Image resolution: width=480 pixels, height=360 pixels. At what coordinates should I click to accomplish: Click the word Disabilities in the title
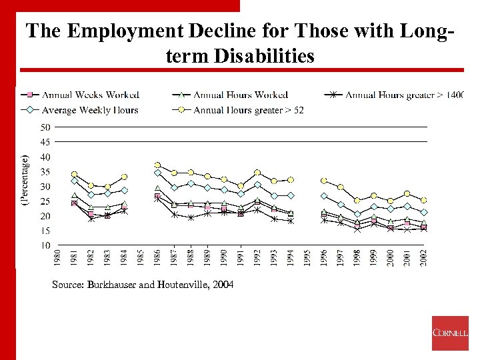264,56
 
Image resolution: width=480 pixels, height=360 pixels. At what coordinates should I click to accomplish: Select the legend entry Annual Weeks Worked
91,95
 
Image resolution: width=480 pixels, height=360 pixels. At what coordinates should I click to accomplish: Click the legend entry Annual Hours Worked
240,95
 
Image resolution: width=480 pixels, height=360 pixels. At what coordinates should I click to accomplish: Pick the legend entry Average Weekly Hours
90,110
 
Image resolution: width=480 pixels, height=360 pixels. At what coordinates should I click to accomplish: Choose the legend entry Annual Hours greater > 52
248,110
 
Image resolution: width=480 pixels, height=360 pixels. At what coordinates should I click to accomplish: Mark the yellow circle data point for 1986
158,165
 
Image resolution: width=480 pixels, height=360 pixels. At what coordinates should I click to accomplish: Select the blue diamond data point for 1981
74,181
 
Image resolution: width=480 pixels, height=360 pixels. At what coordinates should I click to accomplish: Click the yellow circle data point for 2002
423,200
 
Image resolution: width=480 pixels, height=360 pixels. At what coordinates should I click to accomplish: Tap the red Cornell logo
450,333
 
